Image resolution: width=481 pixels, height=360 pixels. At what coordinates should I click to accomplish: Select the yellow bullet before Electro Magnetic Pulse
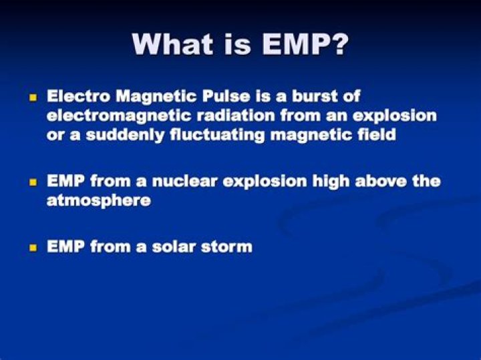pos(31,98)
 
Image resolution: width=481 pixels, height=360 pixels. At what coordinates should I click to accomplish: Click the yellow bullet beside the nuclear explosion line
pos(31,182)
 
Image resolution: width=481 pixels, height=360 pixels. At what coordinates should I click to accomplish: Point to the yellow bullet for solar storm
pos(31,247)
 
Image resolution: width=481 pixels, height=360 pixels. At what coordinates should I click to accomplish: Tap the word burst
pos(315,96)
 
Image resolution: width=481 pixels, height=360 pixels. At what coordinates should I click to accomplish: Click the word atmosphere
pos(98,200)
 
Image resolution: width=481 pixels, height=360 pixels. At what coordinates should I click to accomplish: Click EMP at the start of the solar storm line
pos(66,246)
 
